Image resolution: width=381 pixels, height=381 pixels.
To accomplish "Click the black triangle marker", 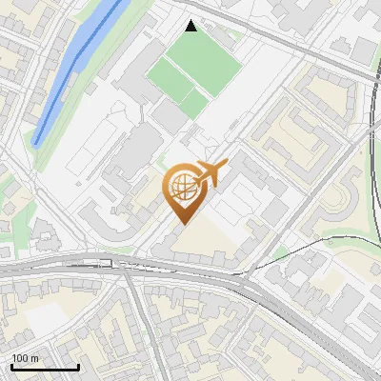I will pos(191,26).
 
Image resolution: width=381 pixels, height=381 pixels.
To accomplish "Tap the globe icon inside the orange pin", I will pos(181,188).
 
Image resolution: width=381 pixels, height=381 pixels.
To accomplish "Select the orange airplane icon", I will pos(211,172).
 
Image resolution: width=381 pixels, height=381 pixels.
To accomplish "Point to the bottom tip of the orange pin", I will pos(181,223).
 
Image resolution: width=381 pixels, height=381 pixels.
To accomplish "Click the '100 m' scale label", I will pos(26,358).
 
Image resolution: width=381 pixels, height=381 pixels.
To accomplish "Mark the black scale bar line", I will pos(44,368).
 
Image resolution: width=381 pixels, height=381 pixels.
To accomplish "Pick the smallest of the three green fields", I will pos(194,103).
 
